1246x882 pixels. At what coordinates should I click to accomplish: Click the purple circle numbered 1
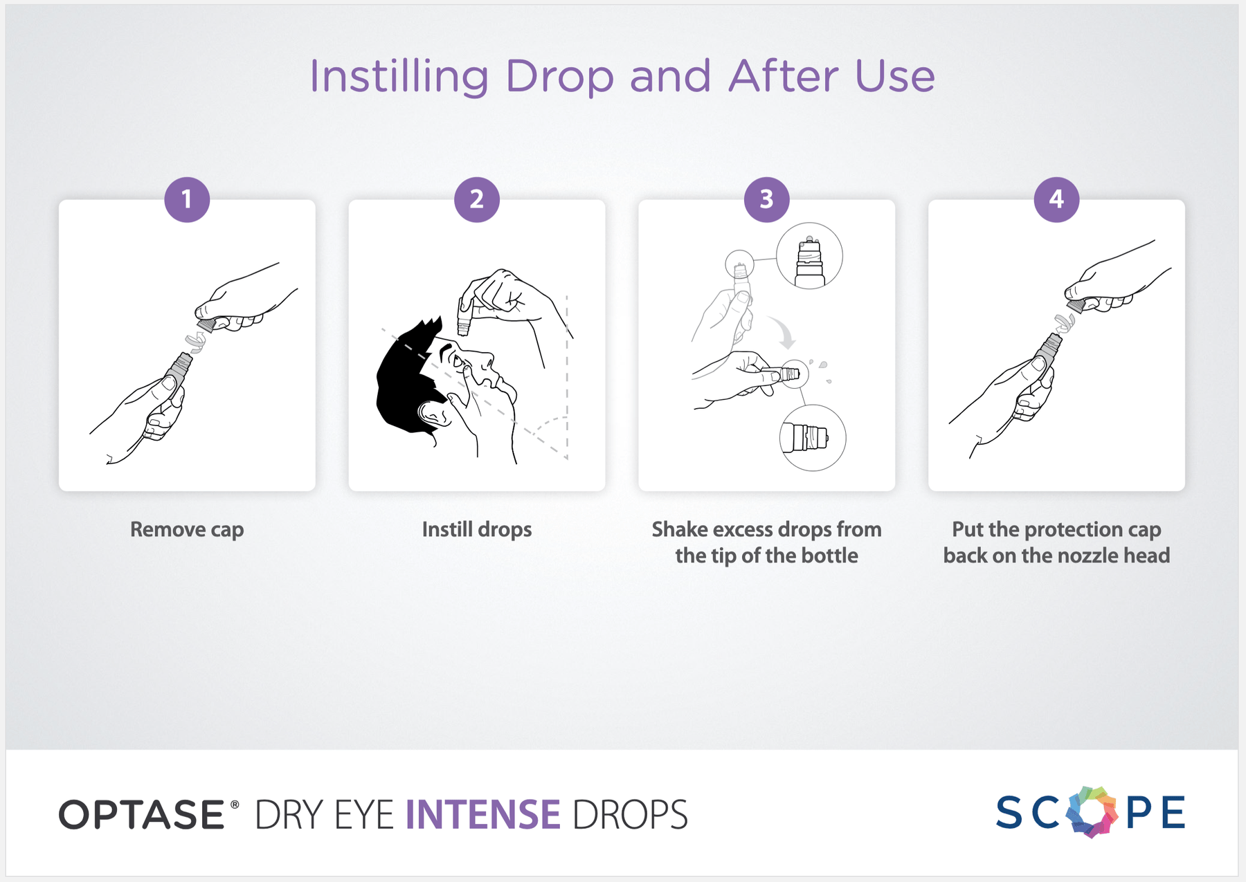point(187,199)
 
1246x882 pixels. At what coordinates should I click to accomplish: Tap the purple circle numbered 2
point(477,199)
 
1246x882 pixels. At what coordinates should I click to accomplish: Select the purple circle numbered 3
point(766,199)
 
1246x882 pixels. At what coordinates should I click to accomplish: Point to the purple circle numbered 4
point(1056,199)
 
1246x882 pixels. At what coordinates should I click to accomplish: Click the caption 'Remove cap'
point(187,530)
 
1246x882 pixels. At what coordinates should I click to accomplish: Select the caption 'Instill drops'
point(477,530)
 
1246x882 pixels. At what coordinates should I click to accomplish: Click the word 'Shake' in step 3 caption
point(680,529)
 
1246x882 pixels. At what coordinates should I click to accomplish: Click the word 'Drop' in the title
point(559,76)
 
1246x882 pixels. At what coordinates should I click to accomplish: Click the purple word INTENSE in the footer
point(483,814)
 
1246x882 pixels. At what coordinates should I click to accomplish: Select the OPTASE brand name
point(142,814)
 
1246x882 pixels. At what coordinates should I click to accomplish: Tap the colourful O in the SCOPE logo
point(1092,811)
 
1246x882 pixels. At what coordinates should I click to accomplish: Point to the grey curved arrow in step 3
point(785,332)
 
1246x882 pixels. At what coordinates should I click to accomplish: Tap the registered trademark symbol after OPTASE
point(235,805)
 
